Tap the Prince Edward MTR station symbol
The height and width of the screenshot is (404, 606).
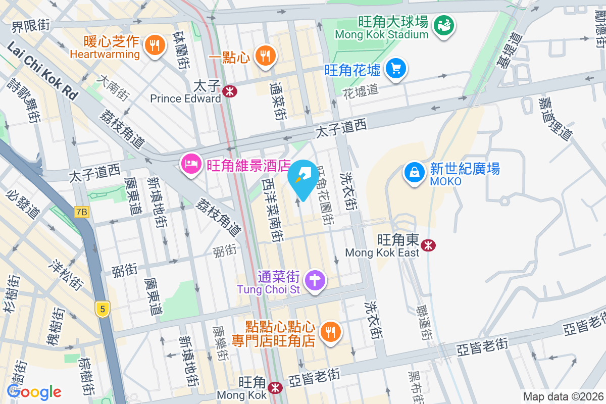(229, 91)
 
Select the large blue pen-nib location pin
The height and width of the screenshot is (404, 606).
(303, 178)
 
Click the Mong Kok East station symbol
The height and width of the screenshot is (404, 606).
(429, 245)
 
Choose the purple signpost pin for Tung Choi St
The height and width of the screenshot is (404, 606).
(316, 280)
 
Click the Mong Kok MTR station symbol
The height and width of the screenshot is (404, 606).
(275, 388)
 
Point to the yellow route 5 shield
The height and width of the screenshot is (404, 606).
(103, 309)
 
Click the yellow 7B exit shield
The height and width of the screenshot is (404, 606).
(82, 212)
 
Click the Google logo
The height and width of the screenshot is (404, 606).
(34, 391)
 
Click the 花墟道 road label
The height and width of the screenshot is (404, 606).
(360, 90)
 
